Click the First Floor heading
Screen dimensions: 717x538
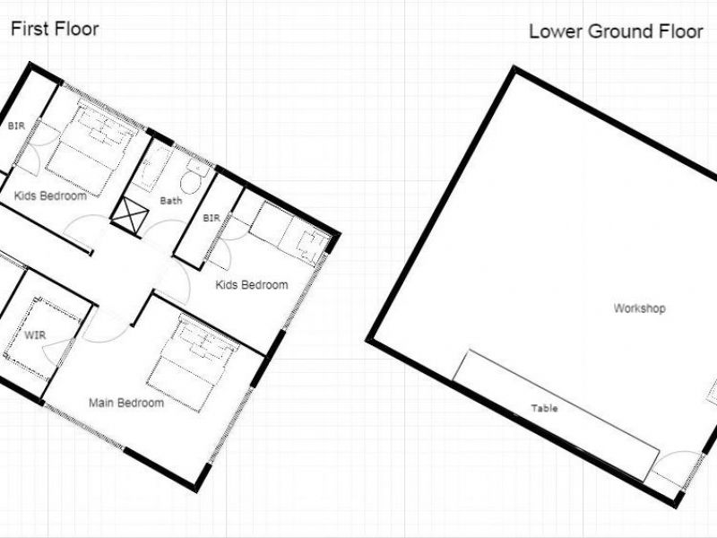point(55,30)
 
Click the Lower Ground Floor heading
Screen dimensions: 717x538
point(616,31)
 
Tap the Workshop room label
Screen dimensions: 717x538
point(639,308)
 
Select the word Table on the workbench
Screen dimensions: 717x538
point(544,408)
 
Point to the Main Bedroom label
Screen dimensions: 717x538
point(126,403)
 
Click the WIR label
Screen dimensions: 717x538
point(35,335)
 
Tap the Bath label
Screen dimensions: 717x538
point(171,201)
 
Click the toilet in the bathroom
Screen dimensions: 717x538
point(194,177)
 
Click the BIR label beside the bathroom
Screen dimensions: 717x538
point(212,218)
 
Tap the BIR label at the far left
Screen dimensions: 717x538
point(16,126)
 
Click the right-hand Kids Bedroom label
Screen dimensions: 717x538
point(252,285)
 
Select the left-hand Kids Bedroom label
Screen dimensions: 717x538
point(50,195)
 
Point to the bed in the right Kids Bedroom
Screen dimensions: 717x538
point(289,233)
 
